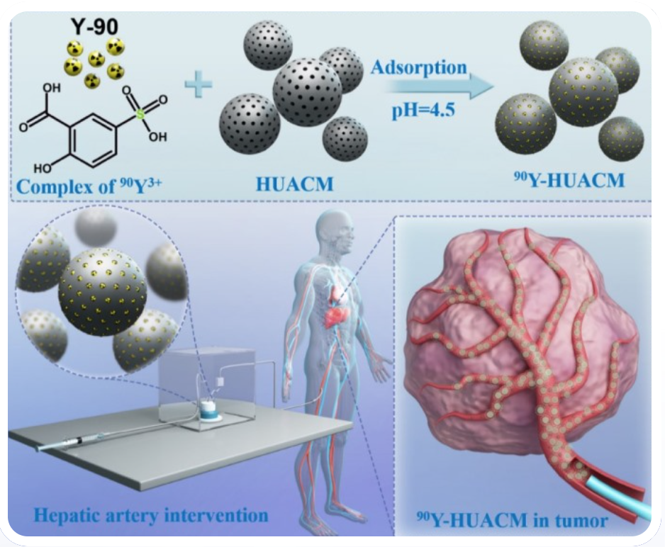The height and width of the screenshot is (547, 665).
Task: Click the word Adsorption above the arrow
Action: coord(419,68)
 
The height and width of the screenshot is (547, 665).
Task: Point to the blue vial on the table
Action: coord(210,412)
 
